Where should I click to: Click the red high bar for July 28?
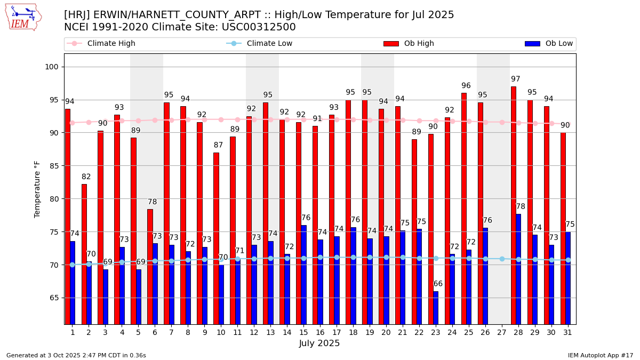(513, 205)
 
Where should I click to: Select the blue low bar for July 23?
(436, 308)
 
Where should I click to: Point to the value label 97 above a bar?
(515, 79)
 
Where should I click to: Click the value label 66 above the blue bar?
(438, 284)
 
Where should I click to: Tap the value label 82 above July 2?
(86, 177)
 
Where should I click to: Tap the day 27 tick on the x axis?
(501, 332)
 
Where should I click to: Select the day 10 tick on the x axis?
(221, 332)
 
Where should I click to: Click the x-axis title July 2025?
(319, 343)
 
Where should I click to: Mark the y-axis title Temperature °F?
(37, 189)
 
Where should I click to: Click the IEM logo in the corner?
(23, 17)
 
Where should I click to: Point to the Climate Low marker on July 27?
(502, 259)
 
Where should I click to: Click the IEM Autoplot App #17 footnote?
(600, 355)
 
